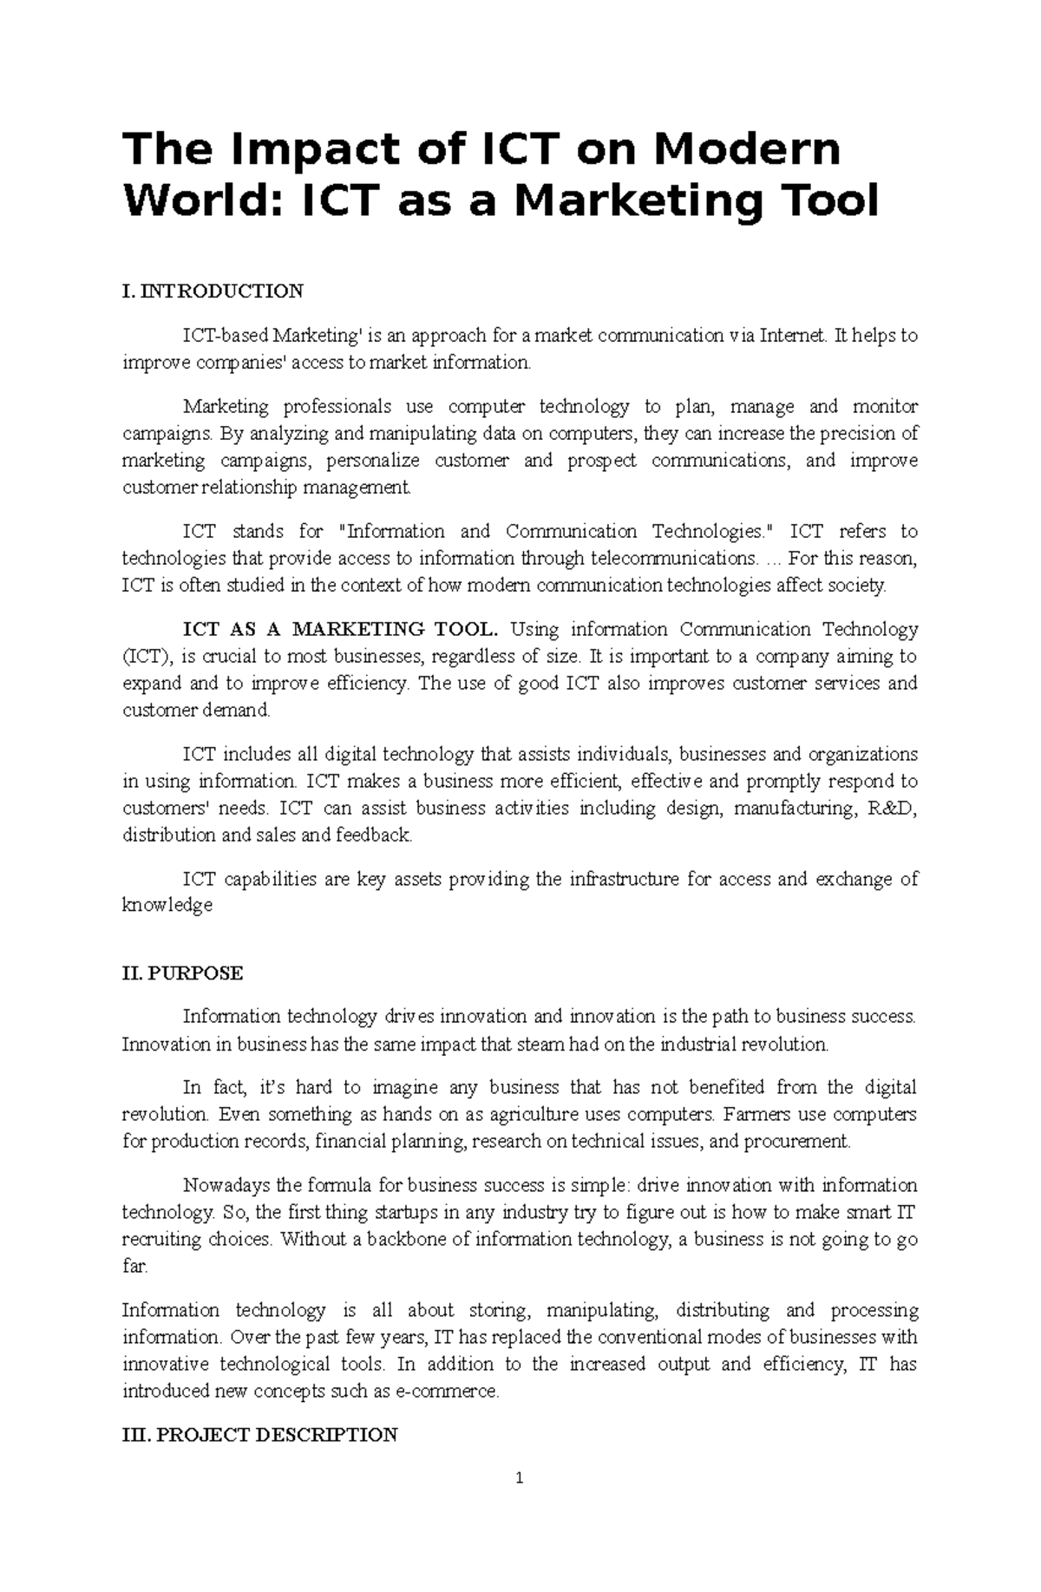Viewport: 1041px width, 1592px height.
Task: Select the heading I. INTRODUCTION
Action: [213, 291]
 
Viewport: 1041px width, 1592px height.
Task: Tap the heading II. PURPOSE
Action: [182, 973]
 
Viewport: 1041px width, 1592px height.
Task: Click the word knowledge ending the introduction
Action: [167, 906]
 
